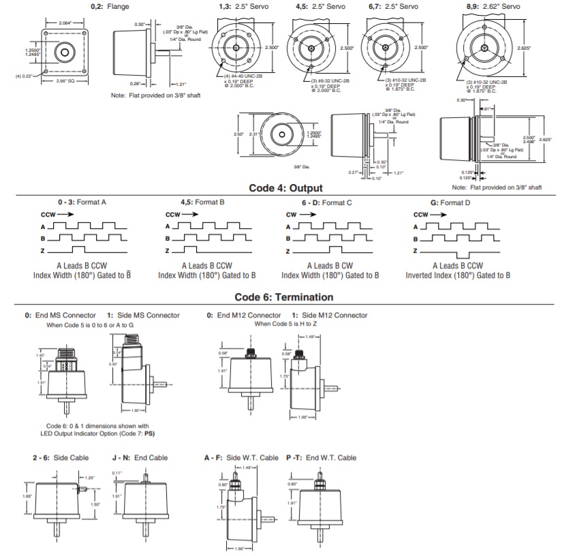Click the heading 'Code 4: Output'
pos(285,188)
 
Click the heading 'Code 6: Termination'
pos(284,297)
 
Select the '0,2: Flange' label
pos(110,6)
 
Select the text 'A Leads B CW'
pos(330,266)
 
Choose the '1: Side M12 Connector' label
pos(329,315)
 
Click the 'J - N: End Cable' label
pos(140,458)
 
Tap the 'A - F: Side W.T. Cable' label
pos(241,458)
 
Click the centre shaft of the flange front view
pos(65,52)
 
